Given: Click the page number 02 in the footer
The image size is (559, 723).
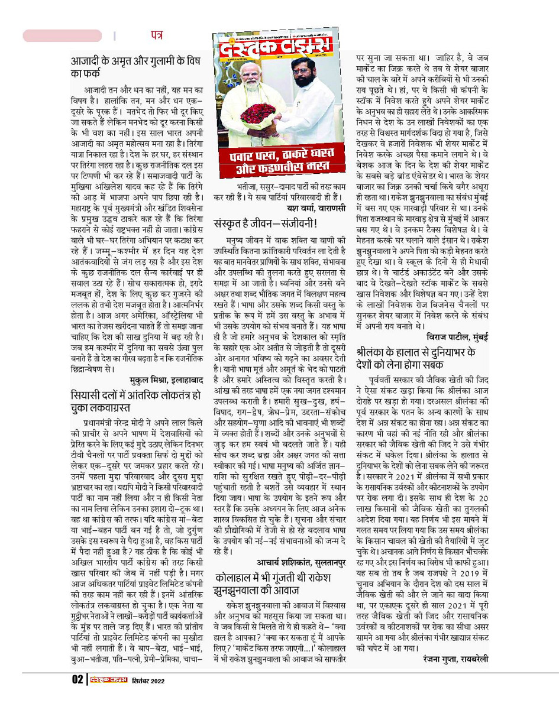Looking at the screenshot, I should click(77, 680).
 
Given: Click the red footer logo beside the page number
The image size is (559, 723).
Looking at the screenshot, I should click(108, 680).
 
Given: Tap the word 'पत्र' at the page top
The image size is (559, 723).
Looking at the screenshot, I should click(156, 35).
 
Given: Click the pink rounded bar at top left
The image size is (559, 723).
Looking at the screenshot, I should click(62, 35).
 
